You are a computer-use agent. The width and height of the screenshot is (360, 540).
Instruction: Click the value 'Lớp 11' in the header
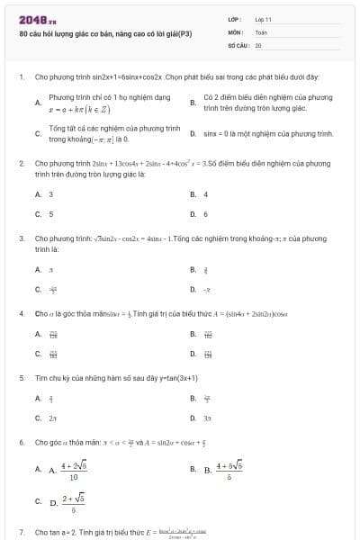[263, 19]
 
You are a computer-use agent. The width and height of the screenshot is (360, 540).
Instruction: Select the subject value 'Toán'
[261, 31]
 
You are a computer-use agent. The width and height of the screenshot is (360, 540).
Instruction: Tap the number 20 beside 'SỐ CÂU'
[258, 44]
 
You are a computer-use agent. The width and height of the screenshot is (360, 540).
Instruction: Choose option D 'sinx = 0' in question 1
[274, 133]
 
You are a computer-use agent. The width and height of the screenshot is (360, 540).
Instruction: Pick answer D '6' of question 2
[205, 214]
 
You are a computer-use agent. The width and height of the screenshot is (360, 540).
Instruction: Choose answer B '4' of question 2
[205, 193]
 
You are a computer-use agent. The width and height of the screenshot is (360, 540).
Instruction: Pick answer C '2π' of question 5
[52, 418]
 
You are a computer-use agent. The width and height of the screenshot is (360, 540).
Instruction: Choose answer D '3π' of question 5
[207, 418]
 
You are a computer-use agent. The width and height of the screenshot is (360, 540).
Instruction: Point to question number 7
[21, 533]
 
